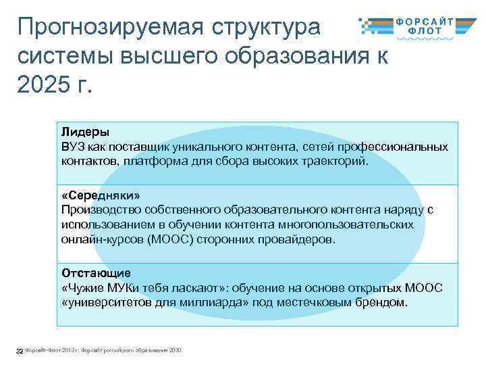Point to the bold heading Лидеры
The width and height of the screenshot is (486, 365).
point(84,132)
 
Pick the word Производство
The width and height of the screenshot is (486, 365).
point(99,210)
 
